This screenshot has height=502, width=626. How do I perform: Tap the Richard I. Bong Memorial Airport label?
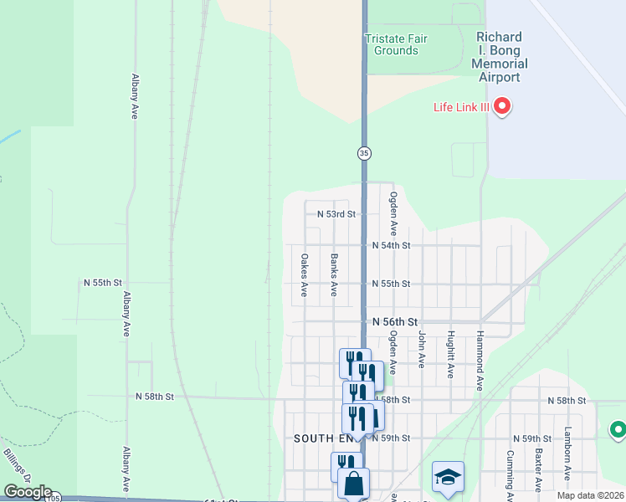click(x=502, y=57)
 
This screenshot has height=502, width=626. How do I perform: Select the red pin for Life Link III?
click(x=502, y=106)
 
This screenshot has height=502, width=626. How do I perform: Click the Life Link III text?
click(x=461, y=107)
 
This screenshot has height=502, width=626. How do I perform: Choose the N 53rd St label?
click(x=336, y=214)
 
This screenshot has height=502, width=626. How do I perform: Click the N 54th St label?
click(x=391, y=245)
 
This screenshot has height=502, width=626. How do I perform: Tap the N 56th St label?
click(x=394, y=321)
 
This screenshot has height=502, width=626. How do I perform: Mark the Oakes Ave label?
click(x=305, y=275)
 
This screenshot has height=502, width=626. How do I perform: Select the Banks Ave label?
click(x=334, y=275)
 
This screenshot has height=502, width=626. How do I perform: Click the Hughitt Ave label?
click(x=450, y=354)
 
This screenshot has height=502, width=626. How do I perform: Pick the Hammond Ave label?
click(x=480, y=359)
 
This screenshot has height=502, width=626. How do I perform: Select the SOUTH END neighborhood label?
click(x=321, y=438)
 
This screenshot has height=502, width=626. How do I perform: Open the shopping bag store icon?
click(x=353, y=483)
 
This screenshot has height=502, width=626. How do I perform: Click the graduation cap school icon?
click(x=448, y=477)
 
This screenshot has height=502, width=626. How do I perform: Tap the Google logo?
click(x=28, y=493)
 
